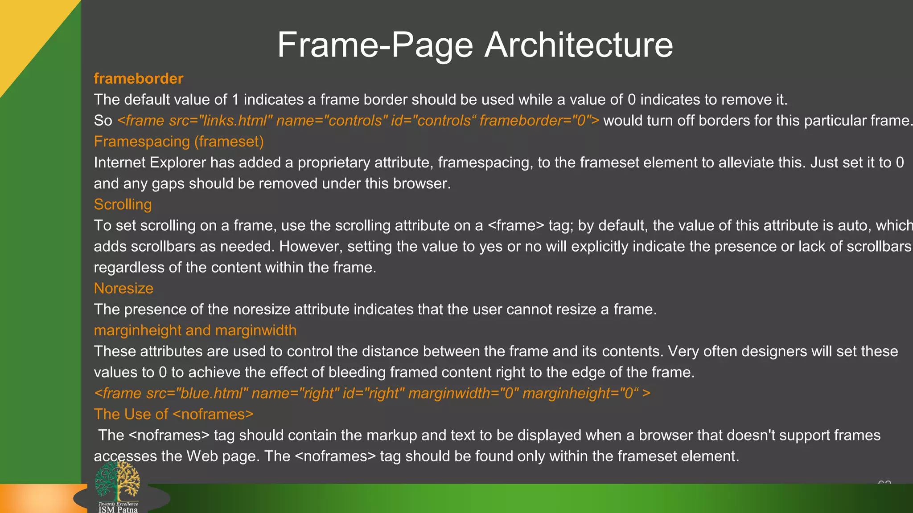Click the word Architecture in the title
[578, 45]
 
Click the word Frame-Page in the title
[375, 45]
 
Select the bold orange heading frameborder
[138, 79]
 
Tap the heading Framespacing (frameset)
[178, 142]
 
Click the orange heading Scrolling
[123, 204]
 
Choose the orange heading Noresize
[123, 288]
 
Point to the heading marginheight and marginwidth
[195, 330]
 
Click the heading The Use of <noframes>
[173, 414]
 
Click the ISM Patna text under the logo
[118, 509]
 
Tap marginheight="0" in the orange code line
[580, 393]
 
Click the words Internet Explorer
[150, 163]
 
